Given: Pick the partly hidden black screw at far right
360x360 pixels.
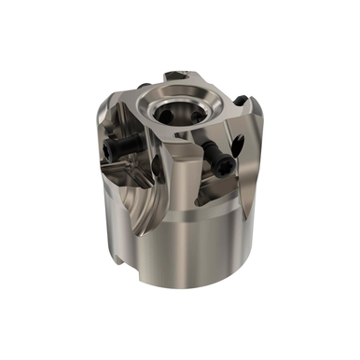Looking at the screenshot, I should [x=241, y=100].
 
